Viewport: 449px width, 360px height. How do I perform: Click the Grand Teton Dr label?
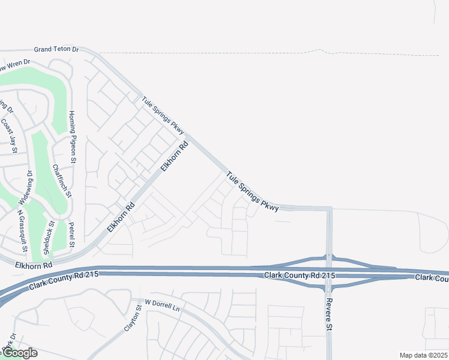56,50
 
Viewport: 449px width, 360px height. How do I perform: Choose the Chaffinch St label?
62,181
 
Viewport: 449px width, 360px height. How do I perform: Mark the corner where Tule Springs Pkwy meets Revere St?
329,209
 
